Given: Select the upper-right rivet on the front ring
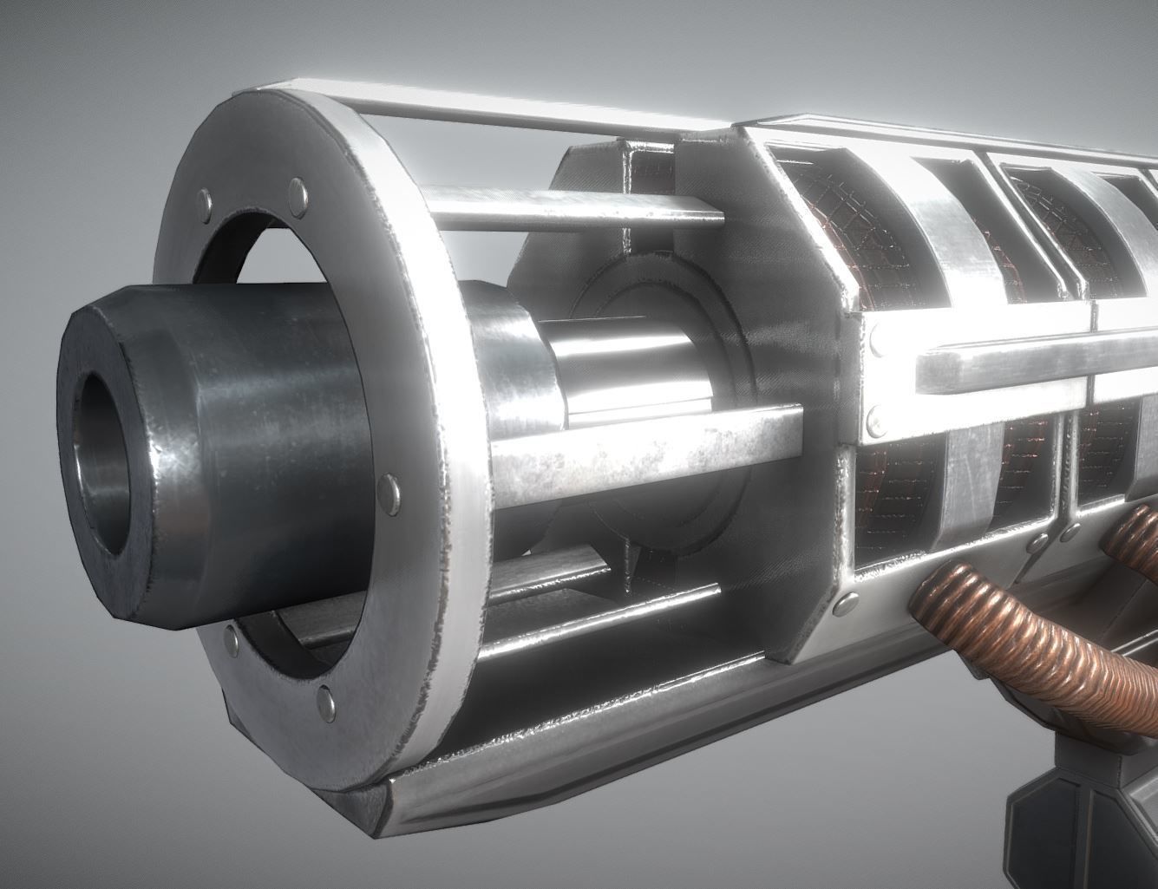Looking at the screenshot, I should (297, 190).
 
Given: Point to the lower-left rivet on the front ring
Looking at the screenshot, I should (231, 640).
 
